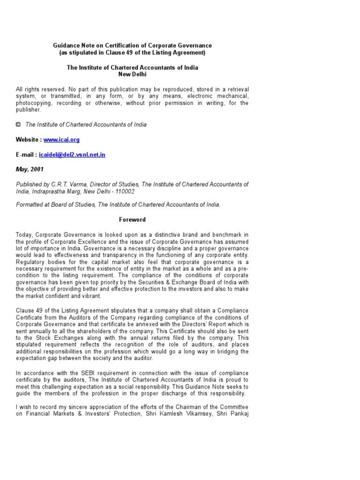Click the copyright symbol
pos(18,125)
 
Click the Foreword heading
pos(132,219)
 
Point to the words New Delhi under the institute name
pos(132,74)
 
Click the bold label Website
pos(28,140)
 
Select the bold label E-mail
pos(26,155)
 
